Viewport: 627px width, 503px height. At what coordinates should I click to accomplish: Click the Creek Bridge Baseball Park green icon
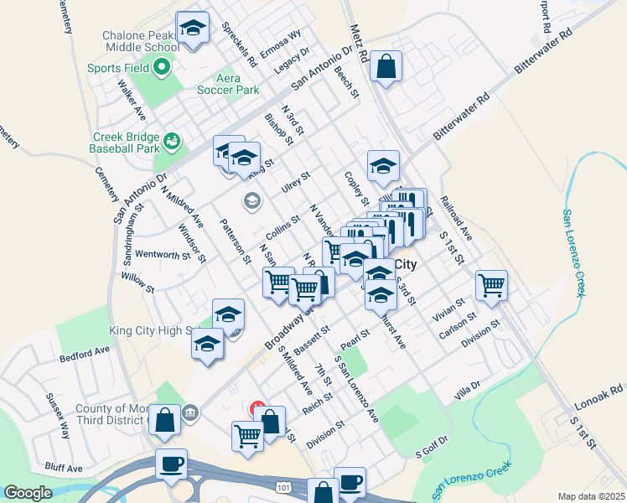172,141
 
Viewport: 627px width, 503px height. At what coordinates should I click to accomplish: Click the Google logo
28,493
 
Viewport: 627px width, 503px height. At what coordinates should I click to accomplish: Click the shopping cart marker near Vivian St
491,284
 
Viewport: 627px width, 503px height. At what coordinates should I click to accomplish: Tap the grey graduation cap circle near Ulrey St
251,200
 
